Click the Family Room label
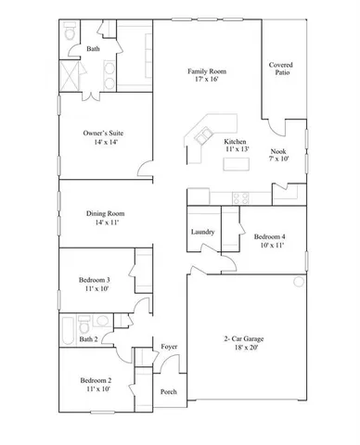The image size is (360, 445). pos(207,71)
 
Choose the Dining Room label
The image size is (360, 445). pos(108,213)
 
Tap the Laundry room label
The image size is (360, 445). pos(202,232)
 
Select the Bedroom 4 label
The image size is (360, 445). pos(269,237)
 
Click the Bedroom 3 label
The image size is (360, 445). pos(94,280)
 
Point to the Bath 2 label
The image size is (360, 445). pos(87,339)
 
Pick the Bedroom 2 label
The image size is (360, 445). pos(95,381)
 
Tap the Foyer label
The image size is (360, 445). pos(169,347)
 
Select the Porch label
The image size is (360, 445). pos(169,391)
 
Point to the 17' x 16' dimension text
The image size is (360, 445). pos(207,81)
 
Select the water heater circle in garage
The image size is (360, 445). pos(299,281)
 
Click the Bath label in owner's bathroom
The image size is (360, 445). pos(93,49)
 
